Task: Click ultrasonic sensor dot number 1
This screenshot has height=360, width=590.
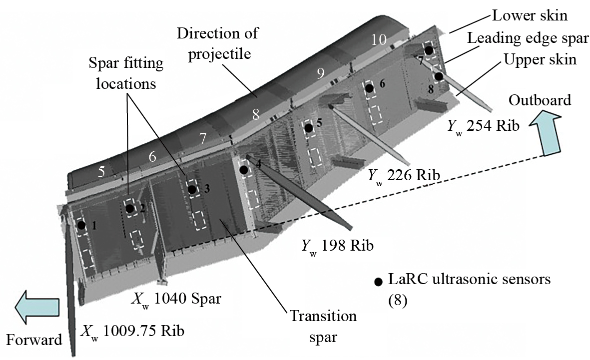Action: (81, 225)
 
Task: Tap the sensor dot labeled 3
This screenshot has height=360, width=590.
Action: (191, 189)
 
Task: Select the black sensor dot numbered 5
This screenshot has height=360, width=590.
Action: (309, 128)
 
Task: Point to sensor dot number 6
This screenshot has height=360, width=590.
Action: (370, 88)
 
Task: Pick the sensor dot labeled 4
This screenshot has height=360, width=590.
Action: (244, 170)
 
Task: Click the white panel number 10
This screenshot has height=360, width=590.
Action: (379, 40)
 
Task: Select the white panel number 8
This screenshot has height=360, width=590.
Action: (255, 115)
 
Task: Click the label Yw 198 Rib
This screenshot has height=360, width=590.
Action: (337, 246)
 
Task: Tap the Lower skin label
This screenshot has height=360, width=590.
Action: (530, 15)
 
